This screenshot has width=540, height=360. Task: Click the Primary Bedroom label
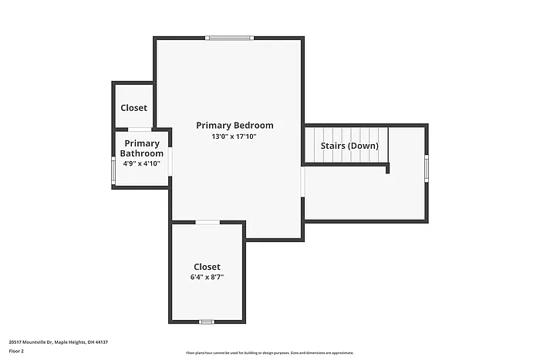pyautogui.click(x=235, y=125)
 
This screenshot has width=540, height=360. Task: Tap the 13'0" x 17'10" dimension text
pyautogui.click(x=234, y=136)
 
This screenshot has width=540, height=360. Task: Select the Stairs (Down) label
pyautogui.click(x=349, y=146)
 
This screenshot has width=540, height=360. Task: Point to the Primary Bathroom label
pyautogui.click(x=142, y=148)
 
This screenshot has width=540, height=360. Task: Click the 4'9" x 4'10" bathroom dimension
pyautogui.click(x=141, y=163)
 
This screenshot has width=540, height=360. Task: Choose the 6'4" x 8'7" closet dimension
pyautogui.click(x=207, y=278)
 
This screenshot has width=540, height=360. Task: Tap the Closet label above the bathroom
pyautogui.click(x=133, y=108)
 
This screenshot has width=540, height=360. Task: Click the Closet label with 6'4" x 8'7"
pyautogui.click(x=207, y=267)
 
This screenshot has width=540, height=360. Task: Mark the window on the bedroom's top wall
pyautogui.click(x=229, y=37)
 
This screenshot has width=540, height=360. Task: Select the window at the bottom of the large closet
pyautogui.click(x=206, y=321)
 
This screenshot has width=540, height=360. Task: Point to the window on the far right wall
pyautogui.click(x=427, y=167)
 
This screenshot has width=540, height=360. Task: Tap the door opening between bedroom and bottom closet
pyautogui.click(x=207, y=223)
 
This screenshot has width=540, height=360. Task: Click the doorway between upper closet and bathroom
pyautogui.click(x=140, y=129)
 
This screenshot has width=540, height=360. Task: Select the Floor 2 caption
pyautogui.click(x=17, y=351)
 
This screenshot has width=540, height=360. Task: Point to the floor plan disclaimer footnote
pyautogui.click(x=269, y=352)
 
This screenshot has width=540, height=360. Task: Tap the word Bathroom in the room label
pyautogui.click(x=141, y=153)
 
